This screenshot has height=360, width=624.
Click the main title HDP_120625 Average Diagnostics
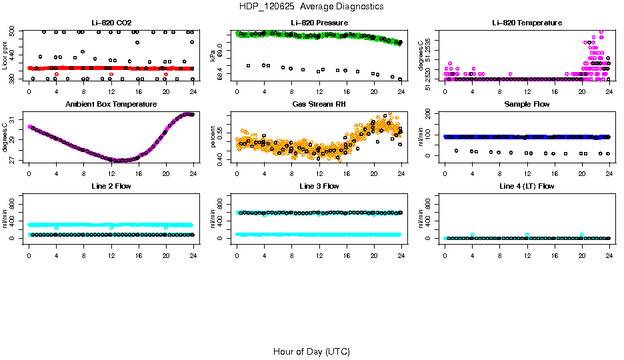click(x=311, y=6)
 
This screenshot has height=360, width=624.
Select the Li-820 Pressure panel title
click(x=319, y=23)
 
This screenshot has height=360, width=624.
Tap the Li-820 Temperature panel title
click(x=527, y=23)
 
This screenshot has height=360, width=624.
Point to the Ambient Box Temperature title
click(x=111, y=104)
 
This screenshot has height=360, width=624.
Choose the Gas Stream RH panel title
click(x=319, y=104)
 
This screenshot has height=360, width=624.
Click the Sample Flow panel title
click(x=527, y=104)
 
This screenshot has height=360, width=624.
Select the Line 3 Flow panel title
click(x=319, y=186)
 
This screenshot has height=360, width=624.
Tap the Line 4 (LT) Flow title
click(x=527, y=186)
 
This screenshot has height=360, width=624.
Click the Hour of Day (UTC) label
click(x=311, y=351)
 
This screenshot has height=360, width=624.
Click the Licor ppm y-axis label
click(x=5, y=56)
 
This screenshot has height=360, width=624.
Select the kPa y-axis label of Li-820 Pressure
click(x=213, y=56)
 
